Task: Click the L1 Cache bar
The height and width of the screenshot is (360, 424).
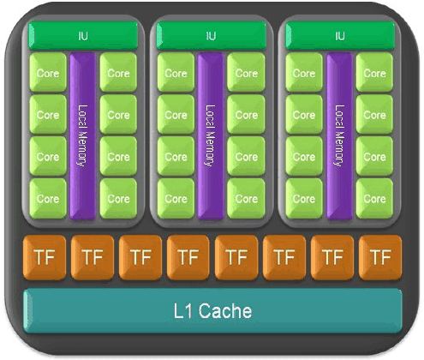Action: tap(212, 310)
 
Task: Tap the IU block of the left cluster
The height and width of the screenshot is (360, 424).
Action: tap(83, 36)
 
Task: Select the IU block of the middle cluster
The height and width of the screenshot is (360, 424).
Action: tap(212, 36)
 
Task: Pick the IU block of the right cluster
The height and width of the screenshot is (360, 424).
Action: tap(340, 36)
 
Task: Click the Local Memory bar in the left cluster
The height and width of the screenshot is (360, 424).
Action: tap(82, 136)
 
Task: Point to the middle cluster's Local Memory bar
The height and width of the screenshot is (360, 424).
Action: tap(211, 136)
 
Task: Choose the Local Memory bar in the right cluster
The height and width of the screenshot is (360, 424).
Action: tap(339, 136)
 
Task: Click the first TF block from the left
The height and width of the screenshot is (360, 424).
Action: tap(45, 257)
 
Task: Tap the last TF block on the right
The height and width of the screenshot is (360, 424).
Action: tap(380, 257)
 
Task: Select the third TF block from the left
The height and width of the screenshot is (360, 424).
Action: tap(140, 257)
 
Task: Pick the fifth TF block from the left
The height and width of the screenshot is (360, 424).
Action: tap(236, 257)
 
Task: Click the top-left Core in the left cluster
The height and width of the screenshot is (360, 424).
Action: tap(48, 72)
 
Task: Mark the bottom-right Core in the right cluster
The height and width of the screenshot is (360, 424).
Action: tap(374, 199)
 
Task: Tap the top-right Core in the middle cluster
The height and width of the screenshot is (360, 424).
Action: tap(246, 72)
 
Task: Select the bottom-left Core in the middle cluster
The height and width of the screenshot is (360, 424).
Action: tap(176, 199)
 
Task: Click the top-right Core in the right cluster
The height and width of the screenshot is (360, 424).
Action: tap(374, 72)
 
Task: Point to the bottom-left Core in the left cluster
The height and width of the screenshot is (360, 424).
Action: tap(48, 199)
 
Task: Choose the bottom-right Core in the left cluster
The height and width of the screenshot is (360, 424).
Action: tap(118, 199)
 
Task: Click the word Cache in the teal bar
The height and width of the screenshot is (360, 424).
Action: tap(225, 311)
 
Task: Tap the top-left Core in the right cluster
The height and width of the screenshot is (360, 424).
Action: tap(304, 72)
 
